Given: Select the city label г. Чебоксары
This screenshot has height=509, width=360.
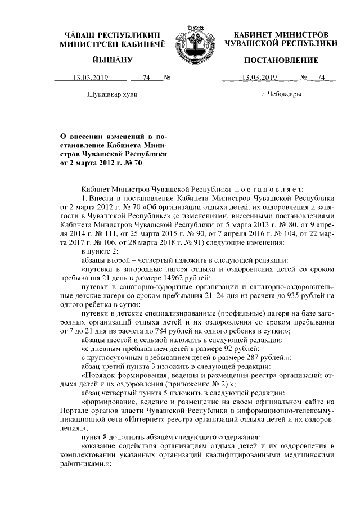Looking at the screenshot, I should [x=281, y=94].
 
